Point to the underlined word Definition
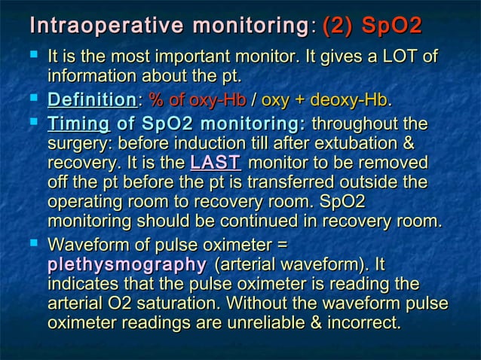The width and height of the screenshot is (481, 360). click(91, 100)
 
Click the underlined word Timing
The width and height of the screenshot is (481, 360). click(78, 124)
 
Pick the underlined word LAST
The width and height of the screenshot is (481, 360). click(215, 163)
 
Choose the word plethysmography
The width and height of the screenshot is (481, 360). click(127, 265)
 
